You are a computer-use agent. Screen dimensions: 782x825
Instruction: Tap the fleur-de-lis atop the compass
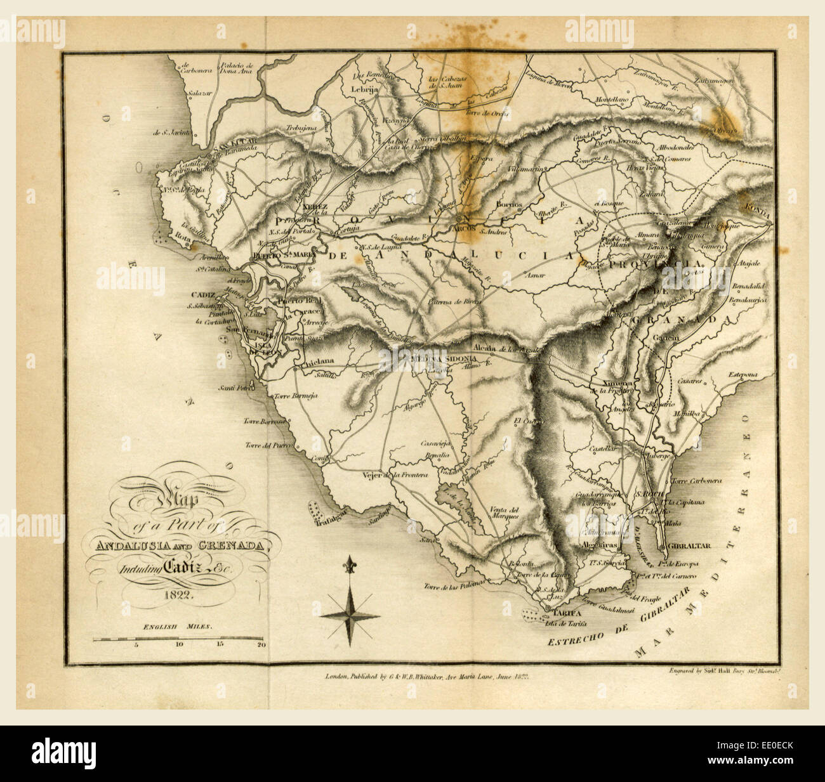[x=348, y=563]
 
